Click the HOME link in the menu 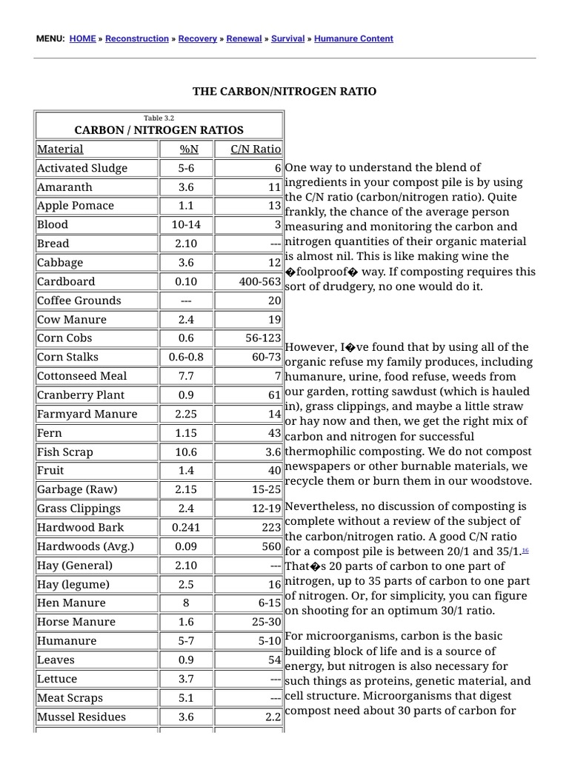(82, 38)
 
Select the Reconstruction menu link (137, 38)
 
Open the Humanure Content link (353, 38)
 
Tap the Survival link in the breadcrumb (288, 38)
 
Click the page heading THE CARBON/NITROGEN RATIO (284, 91)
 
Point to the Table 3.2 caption (159, 118)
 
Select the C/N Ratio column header (256, 149)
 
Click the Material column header (60, 149)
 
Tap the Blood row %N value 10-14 (186, 224)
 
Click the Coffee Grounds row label (79, 301)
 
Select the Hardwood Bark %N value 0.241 (186, 527)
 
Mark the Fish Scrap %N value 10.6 (186, 452)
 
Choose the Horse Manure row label (76, 622)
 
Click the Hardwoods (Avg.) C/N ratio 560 (270, 546)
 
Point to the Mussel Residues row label (81, 717)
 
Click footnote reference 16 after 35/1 (525, 550)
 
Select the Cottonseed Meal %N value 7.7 (186, 376)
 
